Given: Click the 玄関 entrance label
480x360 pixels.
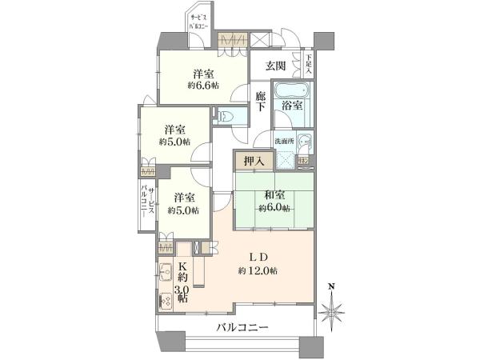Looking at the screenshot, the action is coord(275,66).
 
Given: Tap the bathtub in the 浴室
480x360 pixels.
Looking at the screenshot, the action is coord(292,90).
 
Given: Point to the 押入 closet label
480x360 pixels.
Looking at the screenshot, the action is coord(254,161).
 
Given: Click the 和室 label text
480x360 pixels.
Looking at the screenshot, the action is coord(274,195).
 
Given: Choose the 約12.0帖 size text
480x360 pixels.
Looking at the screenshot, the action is coord(258,270).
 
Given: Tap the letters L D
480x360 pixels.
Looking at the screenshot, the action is coord(258,257).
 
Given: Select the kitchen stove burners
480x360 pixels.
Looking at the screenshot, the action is coord(166,301).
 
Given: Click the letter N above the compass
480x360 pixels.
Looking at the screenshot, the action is coord(331,286).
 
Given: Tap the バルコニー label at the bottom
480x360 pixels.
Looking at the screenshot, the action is coord(242,327).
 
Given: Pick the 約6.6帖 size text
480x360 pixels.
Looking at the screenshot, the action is coord(203,86).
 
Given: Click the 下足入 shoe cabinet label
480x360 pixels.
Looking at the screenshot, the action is coord(309,64).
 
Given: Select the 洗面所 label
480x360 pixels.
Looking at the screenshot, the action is coord(284,141).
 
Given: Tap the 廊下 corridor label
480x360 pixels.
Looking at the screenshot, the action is coord(260,102).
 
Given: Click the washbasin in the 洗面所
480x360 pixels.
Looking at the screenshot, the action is coord(304,142).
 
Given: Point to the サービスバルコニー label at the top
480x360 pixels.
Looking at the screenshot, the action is coord(198,21).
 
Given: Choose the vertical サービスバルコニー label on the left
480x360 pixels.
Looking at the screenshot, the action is coord(147,202).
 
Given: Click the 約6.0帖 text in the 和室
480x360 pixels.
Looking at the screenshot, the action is coord(274,208).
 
